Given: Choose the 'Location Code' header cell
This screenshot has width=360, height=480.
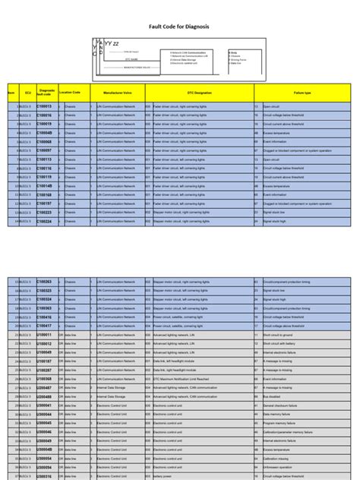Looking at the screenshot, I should pos(70,92).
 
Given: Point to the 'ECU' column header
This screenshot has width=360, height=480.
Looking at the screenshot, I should pos(28,92).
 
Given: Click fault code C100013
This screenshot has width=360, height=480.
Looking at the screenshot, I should pos(44,106).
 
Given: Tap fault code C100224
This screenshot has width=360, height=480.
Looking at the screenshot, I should pos(44,222).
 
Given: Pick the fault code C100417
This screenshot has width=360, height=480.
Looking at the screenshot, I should pos(44,326).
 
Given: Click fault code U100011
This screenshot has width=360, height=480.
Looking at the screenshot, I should pos(44,335).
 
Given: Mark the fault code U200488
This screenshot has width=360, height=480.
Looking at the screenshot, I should pos(44,396).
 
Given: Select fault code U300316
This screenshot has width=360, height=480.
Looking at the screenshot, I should pos(44,476).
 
